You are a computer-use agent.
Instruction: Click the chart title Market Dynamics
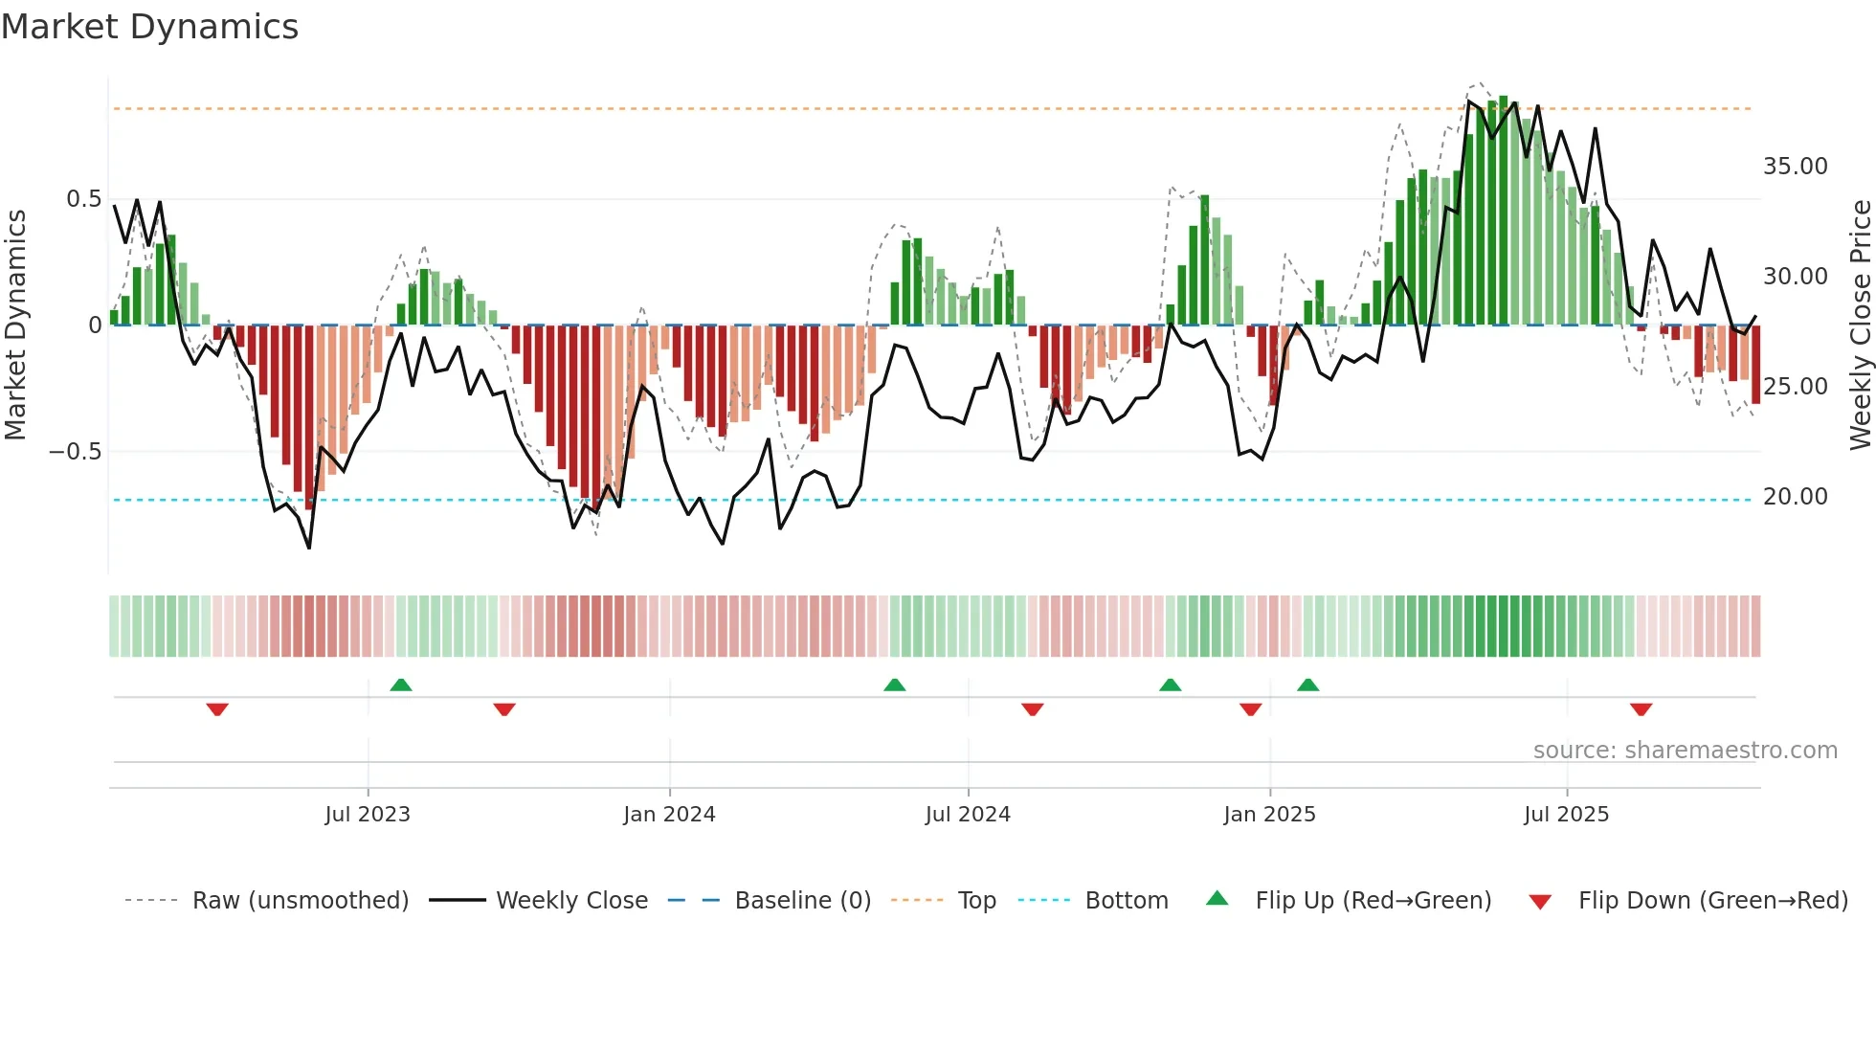point(150,27)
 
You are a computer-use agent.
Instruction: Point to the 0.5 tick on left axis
point(83,199)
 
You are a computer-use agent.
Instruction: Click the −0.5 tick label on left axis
point(76,452)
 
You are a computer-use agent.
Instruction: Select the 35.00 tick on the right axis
point(1795,167)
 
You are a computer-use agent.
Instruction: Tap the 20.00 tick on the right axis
point(1795,497)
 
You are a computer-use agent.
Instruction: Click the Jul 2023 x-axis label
point(368,815)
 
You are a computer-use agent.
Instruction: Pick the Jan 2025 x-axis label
point(1269,815)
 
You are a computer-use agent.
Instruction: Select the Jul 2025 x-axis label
point(1566,815)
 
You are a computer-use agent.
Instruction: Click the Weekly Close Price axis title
point(1860,325)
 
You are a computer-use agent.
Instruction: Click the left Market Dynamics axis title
point(15,325)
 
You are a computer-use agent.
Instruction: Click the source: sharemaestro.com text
point(1685,751)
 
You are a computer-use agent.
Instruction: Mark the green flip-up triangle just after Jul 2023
point(401,685)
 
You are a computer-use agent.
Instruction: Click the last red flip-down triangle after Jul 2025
point(1641,709)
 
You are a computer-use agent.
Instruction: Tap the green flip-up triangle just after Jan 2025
point(1307,685)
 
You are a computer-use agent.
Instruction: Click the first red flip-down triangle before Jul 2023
point(217,709)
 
